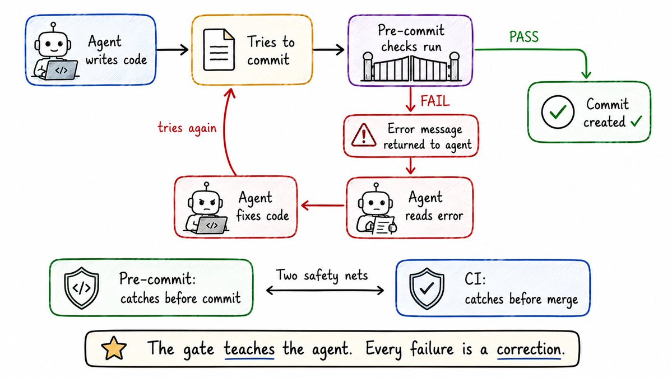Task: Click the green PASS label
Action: [523, 37]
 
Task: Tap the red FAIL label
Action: [435, 101]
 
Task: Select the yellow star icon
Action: [114, 348]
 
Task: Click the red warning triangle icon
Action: [364, 135]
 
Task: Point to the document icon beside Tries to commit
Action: [219, 50]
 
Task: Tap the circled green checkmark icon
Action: [558, 112]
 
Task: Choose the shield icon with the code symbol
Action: [81, 288]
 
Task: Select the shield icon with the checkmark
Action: [427, 288]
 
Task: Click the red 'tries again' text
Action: [187, 128]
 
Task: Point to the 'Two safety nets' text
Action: [322, 276]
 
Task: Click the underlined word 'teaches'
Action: [249, 348]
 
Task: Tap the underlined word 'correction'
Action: [529, 349]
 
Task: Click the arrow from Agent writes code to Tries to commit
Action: [172, 50]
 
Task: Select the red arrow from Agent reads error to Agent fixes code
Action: [323, 206]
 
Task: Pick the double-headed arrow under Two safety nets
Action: [325, 291]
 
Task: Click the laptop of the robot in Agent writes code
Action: [62, 70]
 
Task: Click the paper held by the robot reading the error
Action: [383, 225]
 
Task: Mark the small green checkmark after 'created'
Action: [636, 122]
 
